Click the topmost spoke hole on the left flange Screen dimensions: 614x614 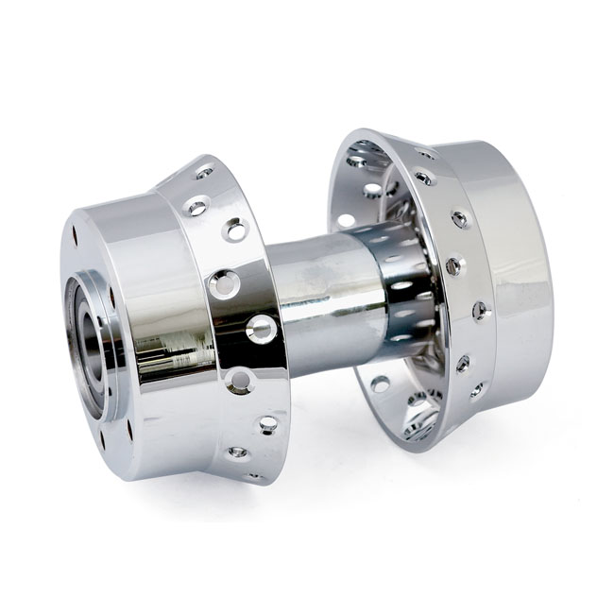[x=204, y=172]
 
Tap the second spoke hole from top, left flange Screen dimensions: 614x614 [x=198, y=206]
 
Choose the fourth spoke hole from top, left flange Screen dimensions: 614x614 [x=224, y=281]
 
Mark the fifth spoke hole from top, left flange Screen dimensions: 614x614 [x=261, y=329]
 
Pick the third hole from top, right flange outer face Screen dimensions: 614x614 [x=453, y=265]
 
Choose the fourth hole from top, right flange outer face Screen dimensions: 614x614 [x=481, y=310]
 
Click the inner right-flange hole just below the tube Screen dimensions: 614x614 [x=379, y=384]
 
